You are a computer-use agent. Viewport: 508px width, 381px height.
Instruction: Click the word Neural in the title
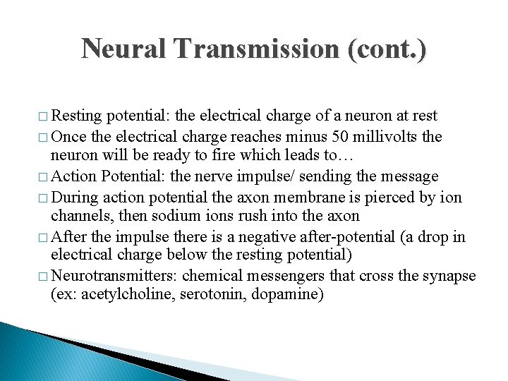click(x=124, y=50)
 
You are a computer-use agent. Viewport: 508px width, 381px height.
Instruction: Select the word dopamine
click(x=289, y=294)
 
